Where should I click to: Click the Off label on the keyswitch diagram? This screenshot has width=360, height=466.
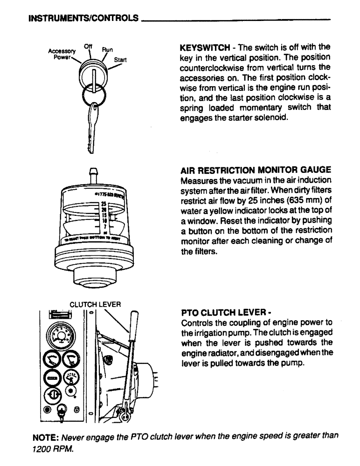point(87,46)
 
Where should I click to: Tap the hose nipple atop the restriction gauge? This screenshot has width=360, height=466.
point(93,176)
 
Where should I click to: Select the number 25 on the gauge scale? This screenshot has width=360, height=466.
point(104,204)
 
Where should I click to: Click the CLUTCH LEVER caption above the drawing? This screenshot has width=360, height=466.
point(95,305)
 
